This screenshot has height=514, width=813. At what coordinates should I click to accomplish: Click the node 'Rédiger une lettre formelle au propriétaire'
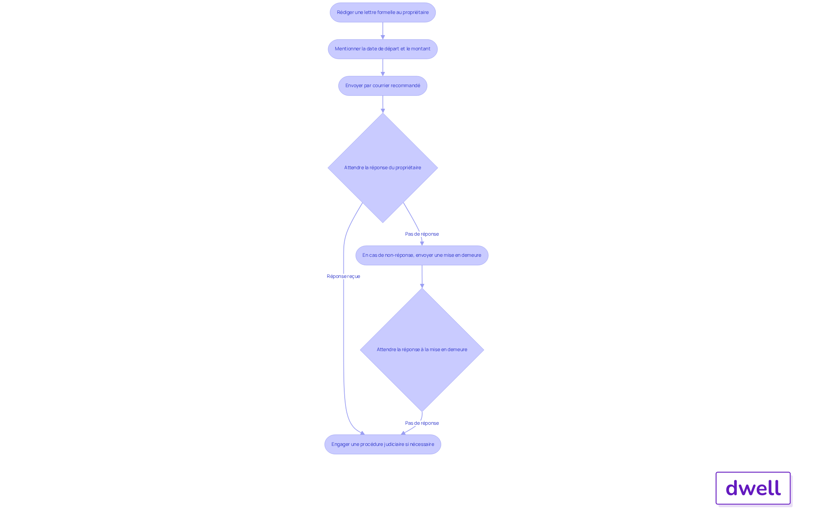(x=383, y=13)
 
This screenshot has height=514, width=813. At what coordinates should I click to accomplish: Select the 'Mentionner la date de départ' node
(x=383, y=49)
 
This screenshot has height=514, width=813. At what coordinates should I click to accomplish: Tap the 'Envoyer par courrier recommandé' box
(x=383, y=86)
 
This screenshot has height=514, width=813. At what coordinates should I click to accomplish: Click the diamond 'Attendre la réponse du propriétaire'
(x=383, y=168)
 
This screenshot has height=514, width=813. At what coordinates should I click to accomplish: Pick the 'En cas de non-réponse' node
(x=422, y=256)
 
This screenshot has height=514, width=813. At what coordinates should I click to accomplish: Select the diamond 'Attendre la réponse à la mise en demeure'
(x=422, y=350)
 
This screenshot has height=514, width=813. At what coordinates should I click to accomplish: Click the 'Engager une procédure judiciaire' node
(x=383, y=445)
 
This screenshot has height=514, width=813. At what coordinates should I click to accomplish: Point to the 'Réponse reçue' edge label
(x=343, y=276)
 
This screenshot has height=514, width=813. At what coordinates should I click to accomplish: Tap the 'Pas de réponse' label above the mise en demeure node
(x=422, y=234)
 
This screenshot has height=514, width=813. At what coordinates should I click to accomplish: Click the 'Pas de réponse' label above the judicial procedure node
(x=422, y=423)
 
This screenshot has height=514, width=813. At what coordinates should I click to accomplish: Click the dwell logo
(x=753, y=488)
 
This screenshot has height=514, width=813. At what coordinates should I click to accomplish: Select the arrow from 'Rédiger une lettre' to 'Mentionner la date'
(x=383, y=31)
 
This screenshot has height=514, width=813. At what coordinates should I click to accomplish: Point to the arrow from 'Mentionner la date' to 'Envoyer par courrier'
(x=383, y=68)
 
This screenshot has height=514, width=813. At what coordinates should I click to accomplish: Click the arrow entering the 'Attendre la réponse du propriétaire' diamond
(x=383, y=104)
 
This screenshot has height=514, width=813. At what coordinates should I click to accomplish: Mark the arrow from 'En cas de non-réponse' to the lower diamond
(x=422, y=277)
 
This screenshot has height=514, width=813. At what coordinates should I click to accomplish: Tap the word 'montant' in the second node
(x=421, y=49)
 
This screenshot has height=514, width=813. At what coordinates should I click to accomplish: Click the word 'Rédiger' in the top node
(x=345, y=13)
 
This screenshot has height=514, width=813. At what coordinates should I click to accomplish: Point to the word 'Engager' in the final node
(x=340, y=445)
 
